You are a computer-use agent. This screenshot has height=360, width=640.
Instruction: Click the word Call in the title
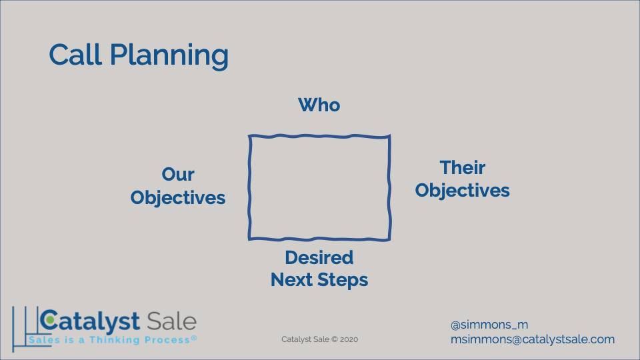tap(75, 54)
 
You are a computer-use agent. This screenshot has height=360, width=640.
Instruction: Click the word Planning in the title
tap(169, 56)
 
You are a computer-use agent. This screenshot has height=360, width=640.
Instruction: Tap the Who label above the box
tap(319, 105)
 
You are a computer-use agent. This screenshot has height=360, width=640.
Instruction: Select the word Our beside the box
tap(178, 174)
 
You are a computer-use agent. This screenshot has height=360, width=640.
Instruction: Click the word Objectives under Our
tap(178, 198)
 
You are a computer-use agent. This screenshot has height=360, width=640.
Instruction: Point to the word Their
tap(463, 167)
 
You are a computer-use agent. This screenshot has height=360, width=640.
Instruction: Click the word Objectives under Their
tap(463, 191)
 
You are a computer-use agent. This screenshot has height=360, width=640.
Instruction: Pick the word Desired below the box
tap(319, 257)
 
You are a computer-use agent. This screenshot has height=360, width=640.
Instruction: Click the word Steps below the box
tap(343, 281)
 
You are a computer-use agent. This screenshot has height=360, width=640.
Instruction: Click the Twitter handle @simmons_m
tap(489, 325)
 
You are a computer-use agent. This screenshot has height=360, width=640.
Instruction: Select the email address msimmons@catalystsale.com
tap(533, 339)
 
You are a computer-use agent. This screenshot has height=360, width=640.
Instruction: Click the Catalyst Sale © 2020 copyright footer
tap(319, 339)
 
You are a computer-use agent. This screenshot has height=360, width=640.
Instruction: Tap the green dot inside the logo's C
tap(50, 320)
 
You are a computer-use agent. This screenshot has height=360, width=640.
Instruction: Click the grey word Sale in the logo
tap(172, 321)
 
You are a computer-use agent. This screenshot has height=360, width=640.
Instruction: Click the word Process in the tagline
tap(167, 340)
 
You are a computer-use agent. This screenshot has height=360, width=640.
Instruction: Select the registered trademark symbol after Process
tap(194, 337)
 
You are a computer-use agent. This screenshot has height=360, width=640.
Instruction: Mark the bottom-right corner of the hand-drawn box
tap(389, 239)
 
